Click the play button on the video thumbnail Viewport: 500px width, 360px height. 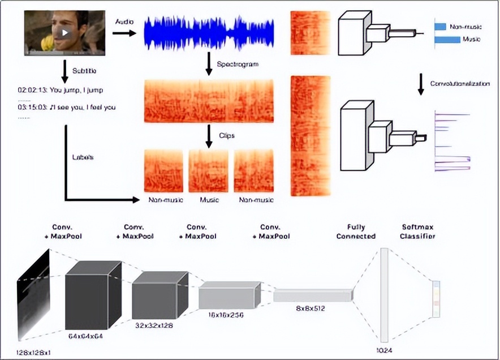66,32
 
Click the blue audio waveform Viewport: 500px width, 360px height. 209,33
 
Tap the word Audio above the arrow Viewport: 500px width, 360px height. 124,22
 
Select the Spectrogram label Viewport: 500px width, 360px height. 238,65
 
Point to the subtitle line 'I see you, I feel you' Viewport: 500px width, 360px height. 67,108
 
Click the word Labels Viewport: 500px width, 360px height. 83,157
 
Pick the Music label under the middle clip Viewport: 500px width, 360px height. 209,200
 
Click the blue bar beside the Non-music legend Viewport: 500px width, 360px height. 440,26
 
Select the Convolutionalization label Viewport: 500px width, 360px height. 460,84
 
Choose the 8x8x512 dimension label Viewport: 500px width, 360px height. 310,308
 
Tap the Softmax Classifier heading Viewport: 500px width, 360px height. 418,232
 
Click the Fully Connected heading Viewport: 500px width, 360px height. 356,232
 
